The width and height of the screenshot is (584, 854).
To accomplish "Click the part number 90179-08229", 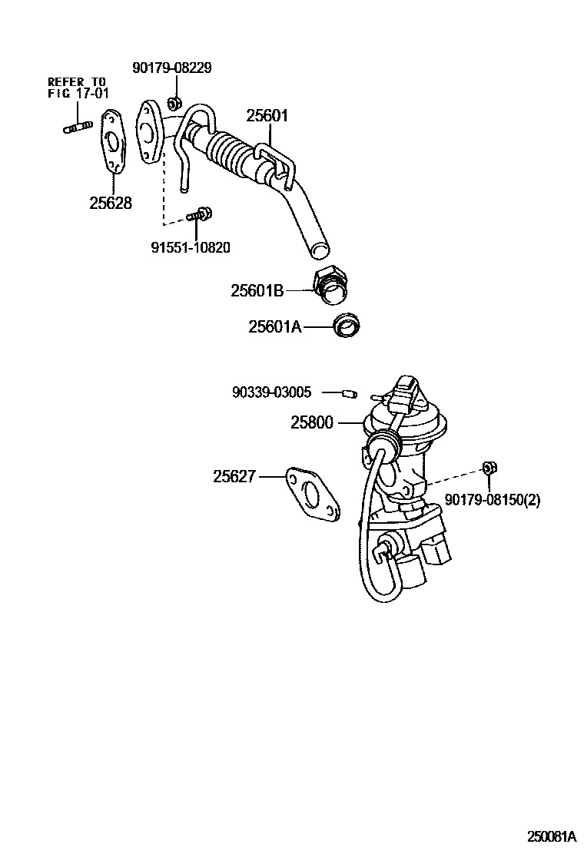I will point(171,68).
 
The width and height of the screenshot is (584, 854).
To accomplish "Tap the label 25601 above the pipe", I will point(267,116).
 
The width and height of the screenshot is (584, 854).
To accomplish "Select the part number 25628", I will point(110,204).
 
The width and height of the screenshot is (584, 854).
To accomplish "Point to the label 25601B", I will point(257,291).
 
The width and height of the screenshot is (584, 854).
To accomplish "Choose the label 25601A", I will point(275,327).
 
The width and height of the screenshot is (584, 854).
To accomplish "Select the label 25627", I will point(234,477).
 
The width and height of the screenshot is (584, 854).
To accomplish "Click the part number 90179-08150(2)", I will point(492,500).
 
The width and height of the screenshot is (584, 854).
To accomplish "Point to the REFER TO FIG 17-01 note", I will point(78,88).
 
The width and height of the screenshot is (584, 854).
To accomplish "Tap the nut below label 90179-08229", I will point(173,101).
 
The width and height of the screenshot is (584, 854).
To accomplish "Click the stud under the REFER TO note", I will point(78,124).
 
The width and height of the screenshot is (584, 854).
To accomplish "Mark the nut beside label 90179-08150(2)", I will point(488,468).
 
